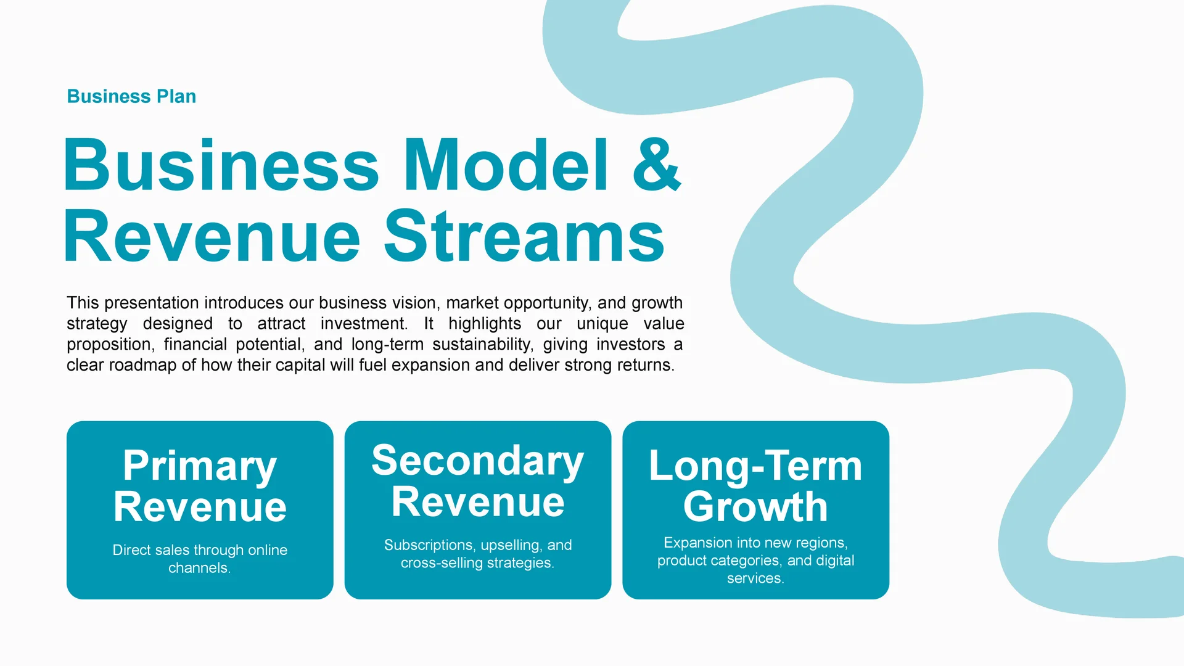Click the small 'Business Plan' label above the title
pyautogui.click(x=131, y=96)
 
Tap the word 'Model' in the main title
pyautogui.click(x=506, y=165)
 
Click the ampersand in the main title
pyautogui.click(x=656, y=165)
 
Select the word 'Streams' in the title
pyautogui.click(x=524, y=236)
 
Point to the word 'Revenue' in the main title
pyautogui.click(x=212, y=236)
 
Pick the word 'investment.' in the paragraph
pyautogui.click(x=364, y=323)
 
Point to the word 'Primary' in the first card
pyautogui.click(x=200, y=466)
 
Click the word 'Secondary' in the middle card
pyautogui.click(x=478, y=461)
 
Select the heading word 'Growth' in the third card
pyautogui.click(x=755, y=507)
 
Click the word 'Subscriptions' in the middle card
pyautogui.click(x=429, y=545)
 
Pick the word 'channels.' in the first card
pyautogui.click(x=200, y=568)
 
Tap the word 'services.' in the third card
pyautogui.click(x=755, y=578)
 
